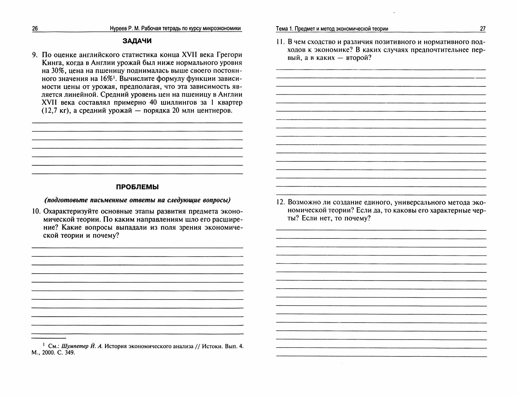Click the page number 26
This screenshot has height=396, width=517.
[x=35, y=29]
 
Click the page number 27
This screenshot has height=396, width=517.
[x=483, y=29]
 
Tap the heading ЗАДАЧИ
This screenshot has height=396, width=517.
[x=137, y=41]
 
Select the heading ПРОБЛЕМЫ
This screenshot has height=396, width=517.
[x=137, y=187]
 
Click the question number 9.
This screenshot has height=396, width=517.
[x=35, y=55]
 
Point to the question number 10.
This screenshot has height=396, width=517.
[x=36, y=211]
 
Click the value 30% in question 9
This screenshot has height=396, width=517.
[x=54, y=71]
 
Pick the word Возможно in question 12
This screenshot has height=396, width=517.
[x=304, y=202]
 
